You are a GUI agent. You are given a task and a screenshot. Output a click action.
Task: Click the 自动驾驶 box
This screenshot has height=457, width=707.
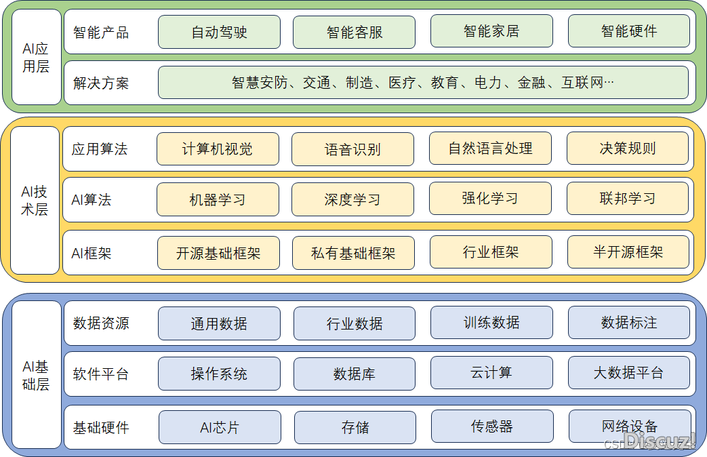point(219,32)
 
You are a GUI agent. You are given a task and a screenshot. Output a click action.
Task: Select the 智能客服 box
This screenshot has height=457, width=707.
point(354,33)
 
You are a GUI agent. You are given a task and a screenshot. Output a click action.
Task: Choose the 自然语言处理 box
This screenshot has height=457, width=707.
point(490,148)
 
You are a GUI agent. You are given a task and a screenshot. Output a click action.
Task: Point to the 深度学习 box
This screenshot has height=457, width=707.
point(352,200)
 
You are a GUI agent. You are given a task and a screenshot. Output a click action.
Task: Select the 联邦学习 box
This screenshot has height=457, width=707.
point(627,199)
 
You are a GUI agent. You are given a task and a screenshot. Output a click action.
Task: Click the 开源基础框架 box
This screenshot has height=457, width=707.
point(218,253)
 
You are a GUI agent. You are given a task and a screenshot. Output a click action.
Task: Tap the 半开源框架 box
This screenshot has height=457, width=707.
point(628,252)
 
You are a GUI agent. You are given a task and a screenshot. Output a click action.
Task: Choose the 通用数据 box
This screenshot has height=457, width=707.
point(219,323)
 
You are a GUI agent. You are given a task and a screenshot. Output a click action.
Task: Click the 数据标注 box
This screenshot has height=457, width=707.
point(628,323)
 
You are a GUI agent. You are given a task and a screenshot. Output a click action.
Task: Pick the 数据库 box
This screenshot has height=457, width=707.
point(354,374)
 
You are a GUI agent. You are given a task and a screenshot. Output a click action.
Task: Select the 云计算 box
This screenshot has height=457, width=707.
point(491,373)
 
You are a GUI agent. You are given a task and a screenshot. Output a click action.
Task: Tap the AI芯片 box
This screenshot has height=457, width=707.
point(220,427)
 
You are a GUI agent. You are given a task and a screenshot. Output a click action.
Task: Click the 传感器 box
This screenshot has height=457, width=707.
point(491,426)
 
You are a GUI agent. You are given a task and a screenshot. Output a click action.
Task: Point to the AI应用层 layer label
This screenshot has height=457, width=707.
point(36,58)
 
